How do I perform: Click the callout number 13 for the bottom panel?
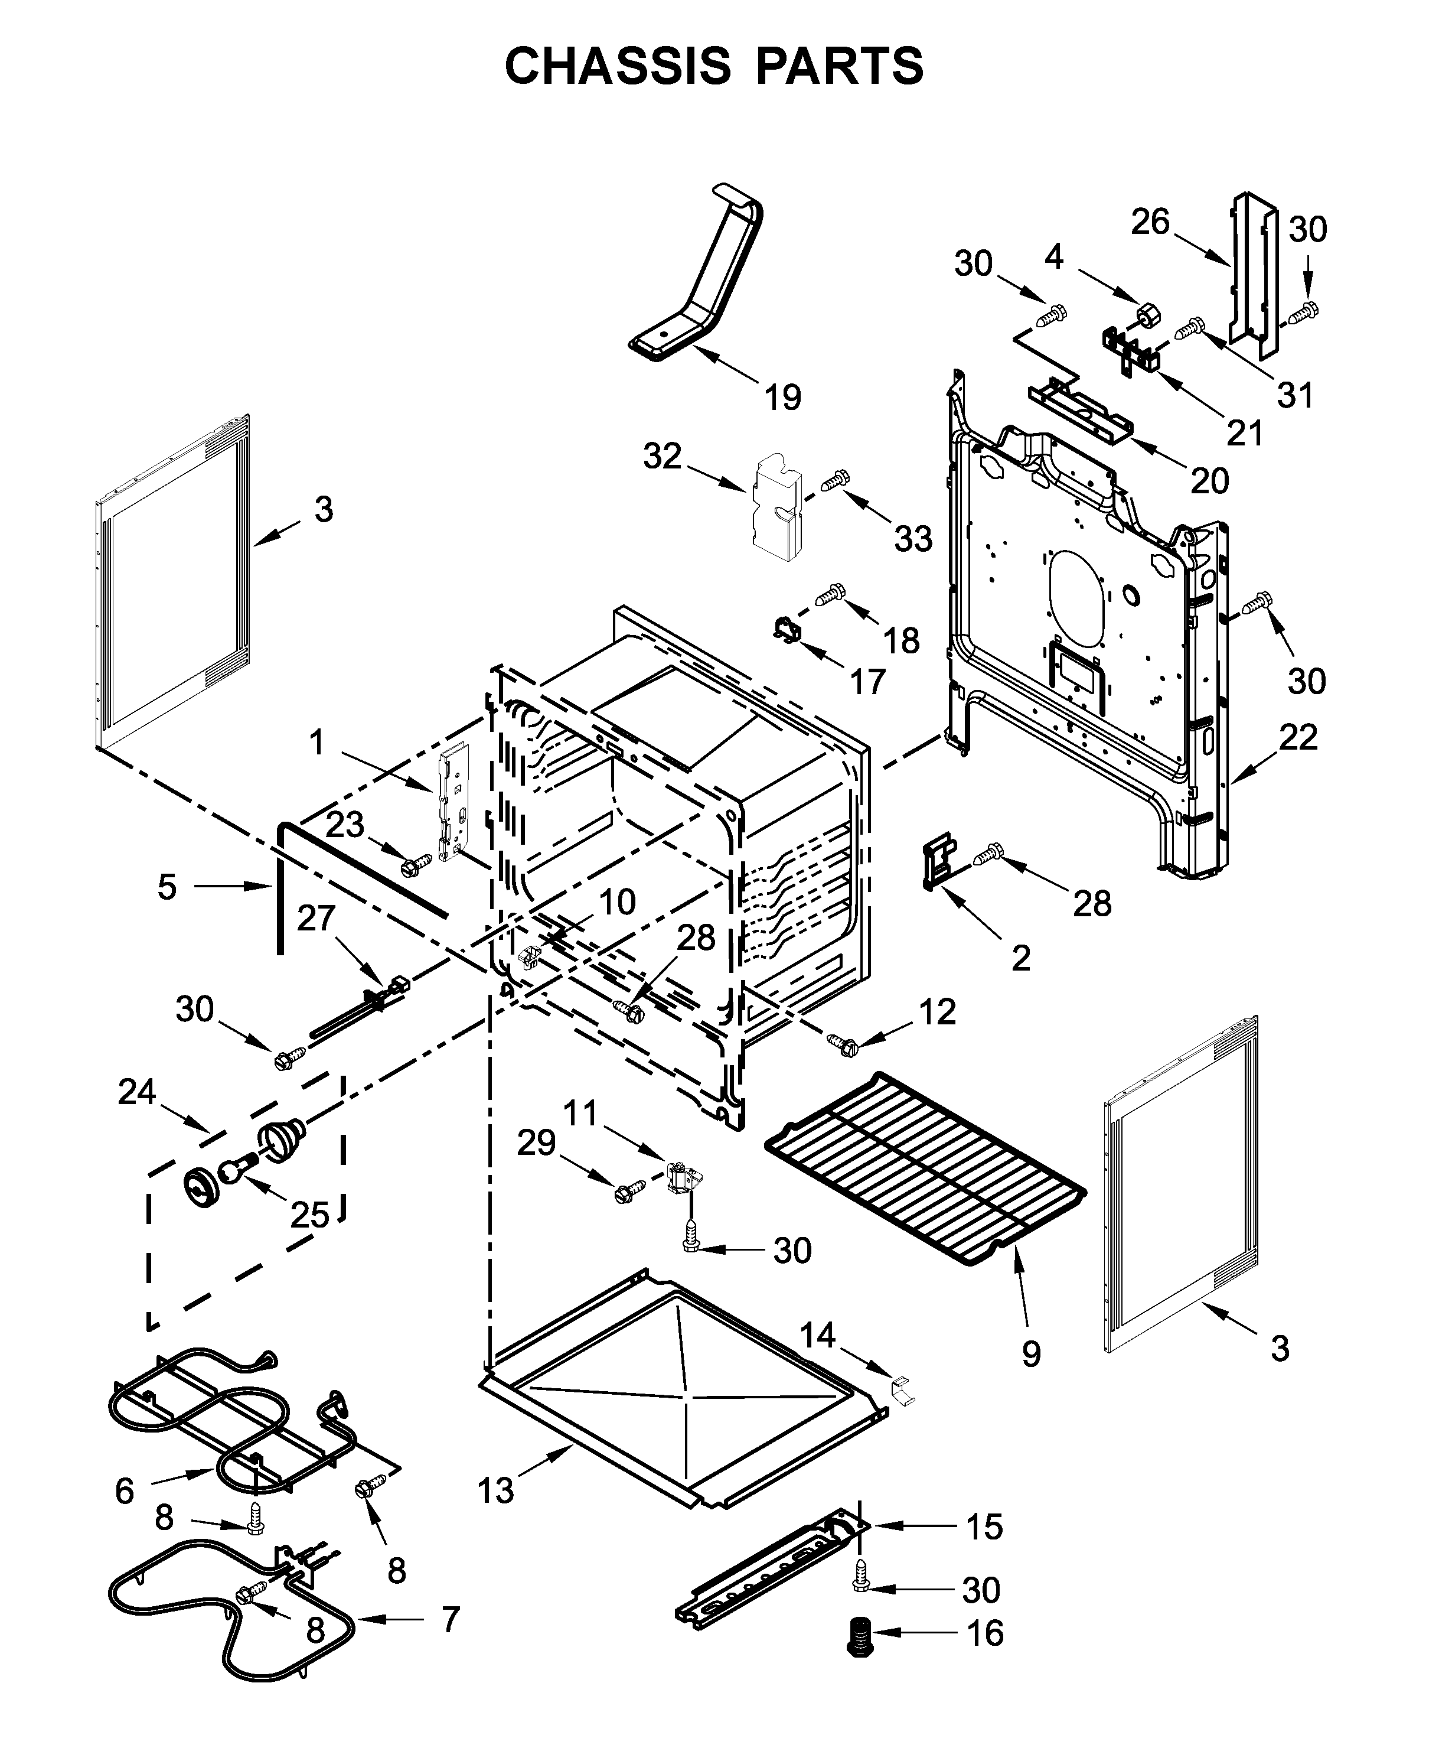point(495,1491)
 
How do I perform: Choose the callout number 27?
point(316,918)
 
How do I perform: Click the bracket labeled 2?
point(937,865)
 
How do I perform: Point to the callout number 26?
point(1150,222)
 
